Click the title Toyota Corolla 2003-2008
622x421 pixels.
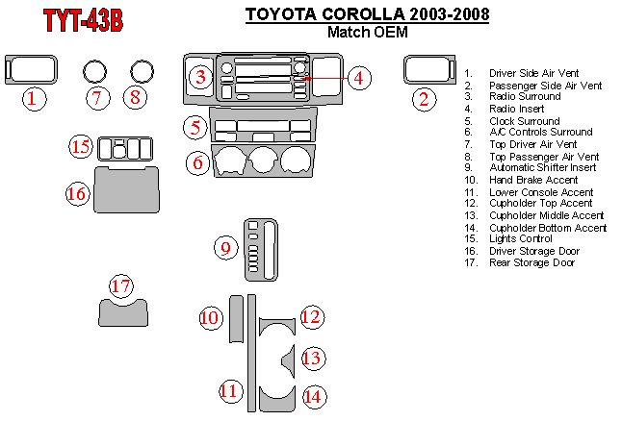(x=367, y=14)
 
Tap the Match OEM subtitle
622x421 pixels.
(x=367, y=32)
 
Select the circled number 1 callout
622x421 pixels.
(x=32, y=97)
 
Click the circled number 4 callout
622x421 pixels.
(x=358, y=78)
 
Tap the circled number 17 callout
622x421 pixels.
(x=120, y=286)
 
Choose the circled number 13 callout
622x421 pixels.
(x=311, y=358)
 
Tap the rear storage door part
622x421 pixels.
(x=123, y=312)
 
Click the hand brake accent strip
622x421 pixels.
(x=236, y=318)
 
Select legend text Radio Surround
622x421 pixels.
(x=525, y=97)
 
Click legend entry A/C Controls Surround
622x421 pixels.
(x=540, y=133)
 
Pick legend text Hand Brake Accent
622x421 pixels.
(x=533, y=180)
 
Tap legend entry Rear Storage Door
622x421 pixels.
(x=531, y=262)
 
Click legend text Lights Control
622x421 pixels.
(x=521, y=238)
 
